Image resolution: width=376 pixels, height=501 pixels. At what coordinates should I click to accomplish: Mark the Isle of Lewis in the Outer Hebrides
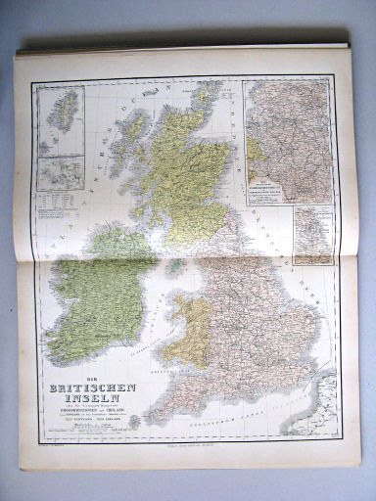click(126, 128)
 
